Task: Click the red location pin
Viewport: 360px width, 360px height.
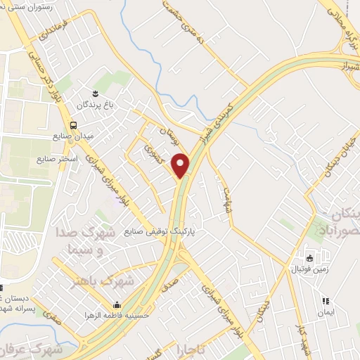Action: (182, 165)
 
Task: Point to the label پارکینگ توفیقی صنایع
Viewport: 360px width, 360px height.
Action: (164, 230)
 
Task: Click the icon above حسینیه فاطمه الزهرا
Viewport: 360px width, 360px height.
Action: (117, 304)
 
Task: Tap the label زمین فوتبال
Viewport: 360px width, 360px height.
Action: (308, 269)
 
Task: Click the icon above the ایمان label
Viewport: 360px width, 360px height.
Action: (325, 301)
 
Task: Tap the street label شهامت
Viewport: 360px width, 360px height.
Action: (226, 190)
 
